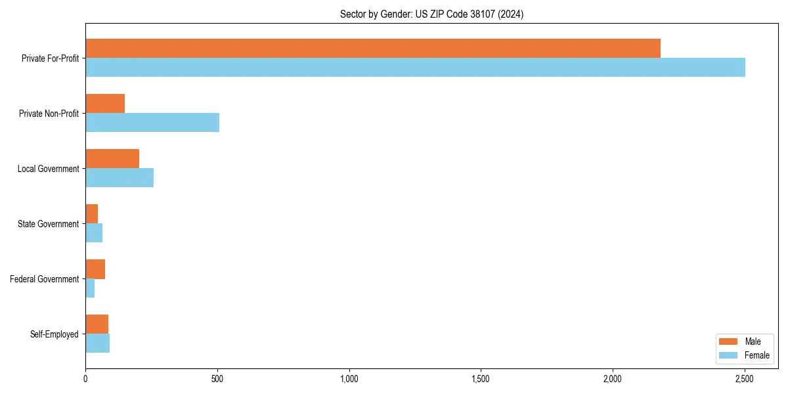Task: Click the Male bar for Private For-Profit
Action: (372, 48)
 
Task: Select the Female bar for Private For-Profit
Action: (415, 67)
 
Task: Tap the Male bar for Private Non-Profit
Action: (105, 103)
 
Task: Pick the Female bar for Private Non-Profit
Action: (152, 122)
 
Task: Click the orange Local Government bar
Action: (112, 158)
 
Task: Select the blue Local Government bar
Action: (120, 177)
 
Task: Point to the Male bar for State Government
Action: (92, 213)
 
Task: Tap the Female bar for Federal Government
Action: (90, 288)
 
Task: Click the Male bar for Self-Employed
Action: (97, 324)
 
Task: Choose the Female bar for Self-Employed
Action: (97, 343)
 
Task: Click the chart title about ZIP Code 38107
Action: (431, 14)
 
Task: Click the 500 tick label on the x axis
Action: (217, 379)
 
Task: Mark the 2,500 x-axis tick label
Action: (745, 379)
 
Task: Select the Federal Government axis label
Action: (45, 279)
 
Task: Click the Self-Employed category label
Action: (55, 334)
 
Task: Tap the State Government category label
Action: (49, 224)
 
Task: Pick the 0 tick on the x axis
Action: (85, 379)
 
